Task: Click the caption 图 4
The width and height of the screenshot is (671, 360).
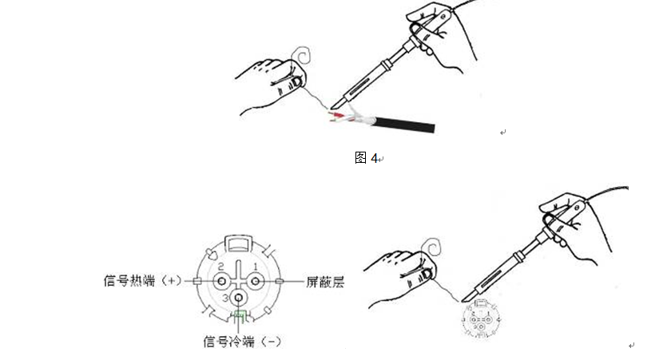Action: pos(367,158)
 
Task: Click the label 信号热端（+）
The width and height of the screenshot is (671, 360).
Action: pos(142,281)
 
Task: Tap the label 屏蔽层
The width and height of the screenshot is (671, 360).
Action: pos(325,282)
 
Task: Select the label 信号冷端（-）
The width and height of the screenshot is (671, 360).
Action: pos(242,342)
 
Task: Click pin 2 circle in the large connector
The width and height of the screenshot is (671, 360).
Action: pos(222,281)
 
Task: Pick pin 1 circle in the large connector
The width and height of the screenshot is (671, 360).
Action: pos(256,281)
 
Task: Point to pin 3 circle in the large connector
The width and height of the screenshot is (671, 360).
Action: pos(239,298)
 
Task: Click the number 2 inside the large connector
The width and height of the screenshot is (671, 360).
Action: pos(220,267)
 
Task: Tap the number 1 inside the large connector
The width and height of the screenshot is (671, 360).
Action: pos(256,267)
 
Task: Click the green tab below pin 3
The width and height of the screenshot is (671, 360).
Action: pos(239,315)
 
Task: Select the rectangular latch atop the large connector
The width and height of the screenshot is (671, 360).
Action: pos(239,243)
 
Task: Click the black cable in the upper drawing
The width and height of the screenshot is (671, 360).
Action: pos(404,125)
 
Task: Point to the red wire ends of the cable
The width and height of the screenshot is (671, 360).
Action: pos(337,116)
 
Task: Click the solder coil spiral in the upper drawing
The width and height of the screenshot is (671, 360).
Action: pos(301,57)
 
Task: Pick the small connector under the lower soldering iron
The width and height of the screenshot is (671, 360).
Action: pos(481,319)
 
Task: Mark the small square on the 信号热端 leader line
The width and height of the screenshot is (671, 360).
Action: pos(197,281)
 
